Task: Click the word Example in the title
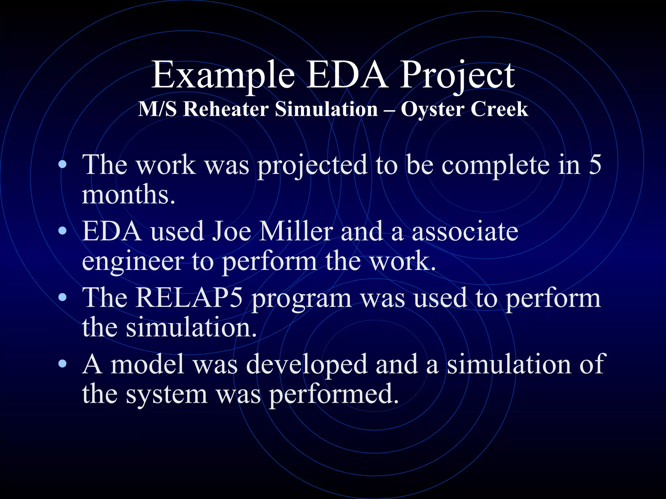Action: pyautogui.click(x=223, y=75)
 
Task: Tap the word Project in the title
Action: pyautogui.click(x=457, y=75)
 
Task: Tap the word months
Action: pyautogui.click(x=128, y=194)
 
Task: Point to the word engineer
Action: pyautogui.click(x=133, y=262)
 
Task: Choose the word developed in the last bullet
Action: pyautogui.click(x=307, y=365)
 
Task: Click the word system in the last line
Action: pyautogui.click(x=166, y=395)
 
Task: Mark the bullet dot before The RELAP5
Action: pyautogui.click(x=63, y=297)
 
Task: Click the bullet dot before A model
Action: pyautogui.click(x=63, y=364)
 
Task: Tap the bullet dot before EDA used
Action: pyautogui.click(x=63, y=231)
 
